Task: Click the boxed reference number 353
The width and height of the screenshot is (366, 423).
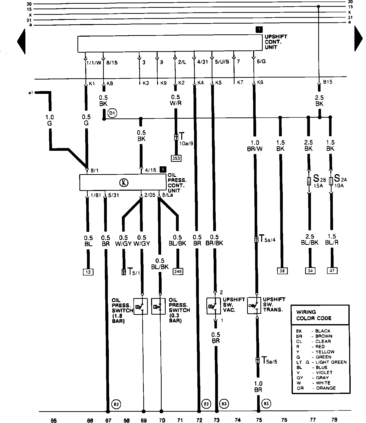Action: click(176, 158)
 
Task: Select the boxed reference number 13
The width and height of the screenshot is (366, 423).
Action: click(88, 272)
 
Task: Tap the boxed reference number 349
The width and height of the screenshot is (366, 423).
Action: click(178, 271)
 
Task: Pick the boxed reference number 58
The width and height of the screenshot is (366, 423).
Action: click(282, 271)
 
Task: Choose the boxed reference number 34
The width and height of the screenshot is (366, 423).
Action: click(310, 271)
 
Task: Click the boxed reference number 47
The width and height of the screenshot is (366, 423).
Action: click(332, 271)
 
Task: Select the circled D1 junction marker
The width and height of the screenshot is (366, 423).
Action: click(112, 114)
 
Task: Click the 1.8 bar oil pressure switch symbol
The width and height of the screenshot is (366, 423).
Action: click(141, 306)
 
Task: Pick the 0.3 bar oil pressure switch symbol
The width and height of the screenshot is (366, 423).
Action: click(158, 306)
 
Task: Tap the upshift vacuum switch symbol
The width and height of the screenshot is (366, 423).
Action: click(214, 306)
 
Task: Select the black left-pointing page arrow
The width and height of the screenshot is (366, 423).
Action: click(21, 41)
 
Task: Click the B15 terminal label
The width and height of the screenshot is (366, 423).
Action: click(328, 82)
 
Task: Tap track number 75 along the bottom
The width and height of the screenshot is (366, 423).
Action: click(259, 420)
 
